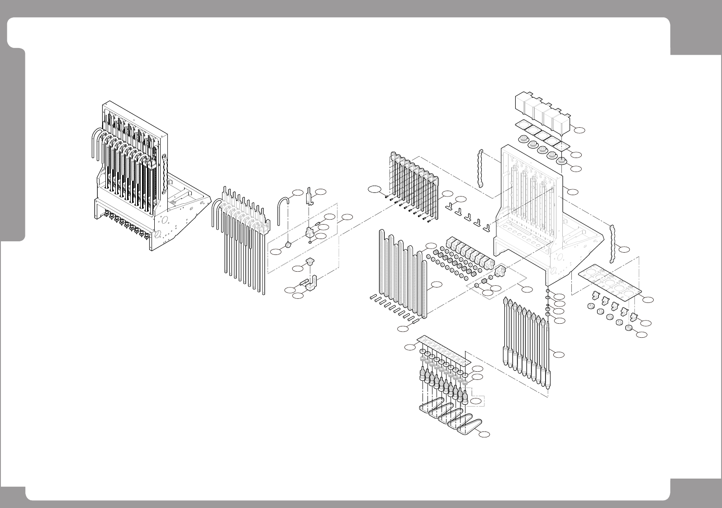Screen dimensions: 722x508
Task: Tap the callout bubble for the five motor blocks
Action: (x=579, y=130)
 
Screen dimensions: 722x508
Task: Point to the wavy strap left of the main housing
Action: (x=480, y=168)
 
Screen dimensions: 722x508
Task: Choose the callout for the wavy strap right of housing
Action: (x=624, y=249)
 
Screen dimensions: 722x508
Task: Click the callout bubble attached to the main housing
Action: (x=573, y=192)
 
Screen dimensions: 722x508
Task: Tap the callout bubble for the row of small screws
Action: (x=374, y=190)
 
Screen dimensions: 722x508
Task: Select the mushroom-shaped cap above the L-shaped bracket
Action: (x=310, y=261)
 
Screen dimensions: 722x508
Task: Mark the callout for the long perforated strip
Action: (x=410, y=347)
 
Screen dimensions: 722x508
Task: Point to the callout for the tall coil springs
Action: (x=437, y=284)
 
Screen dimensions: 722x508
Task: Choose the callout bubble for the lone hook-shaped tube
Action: (x=297, y=192)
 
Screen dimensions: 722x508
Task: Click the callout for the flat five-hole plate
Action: (x=648, y=299)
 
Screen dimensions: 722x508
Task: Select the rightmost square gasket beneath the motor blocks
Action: (x=563, y=146)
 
